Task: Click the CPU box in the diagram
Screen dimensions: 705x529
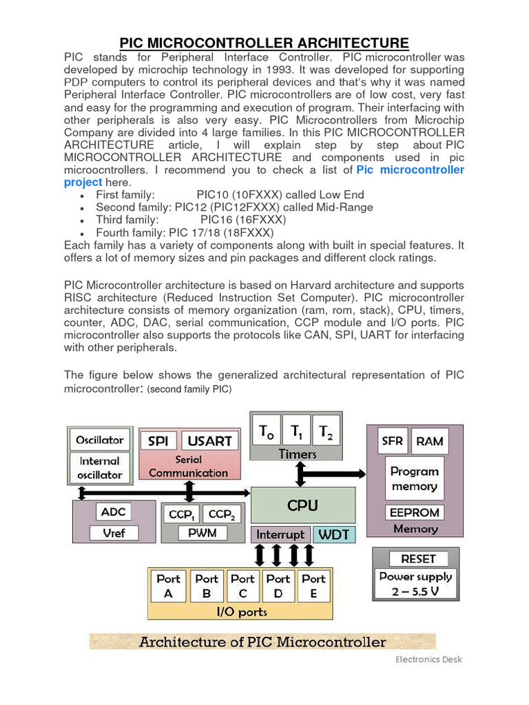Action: coord(303,505)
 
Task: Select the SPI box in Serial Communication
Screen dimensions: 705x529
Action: coord(158,441)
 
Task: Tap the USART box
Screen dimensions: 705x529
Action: coord(209,441)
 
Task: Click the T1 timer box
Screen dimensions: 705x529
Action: coord(297,432)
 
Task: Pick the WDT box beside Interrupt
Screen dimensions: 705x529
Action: coord(333,534)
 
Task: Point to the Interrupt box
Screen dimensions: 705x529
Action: coord(280,534)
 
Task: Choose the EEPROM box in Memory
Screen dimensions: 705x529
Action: coord(414,513)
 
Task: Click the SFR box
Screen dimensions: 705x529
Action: coord(392,441)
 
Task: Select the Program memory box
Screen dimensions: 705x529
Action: coord(414,479)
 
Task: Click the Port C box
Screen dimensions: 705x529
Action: coord(242,586)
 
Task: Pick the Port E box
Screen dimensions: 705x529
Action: coord(313,586)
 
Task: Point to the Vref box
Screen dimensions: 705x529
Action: coord(114,533)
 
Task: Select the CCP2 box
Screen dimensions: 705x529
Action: coord(221,514)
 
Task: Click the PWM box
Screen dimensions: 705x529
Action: coord(202,533)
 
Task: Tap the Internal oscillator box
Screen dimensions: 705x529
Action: coord(100,467)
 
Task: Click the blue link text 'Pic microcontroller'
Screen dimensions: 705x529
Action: coord(411,169)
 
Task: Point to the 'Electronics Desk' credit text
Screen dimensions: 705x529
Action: coord(428,659)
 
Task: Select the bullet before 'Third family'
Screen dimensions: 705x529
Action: coord(83,220)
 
